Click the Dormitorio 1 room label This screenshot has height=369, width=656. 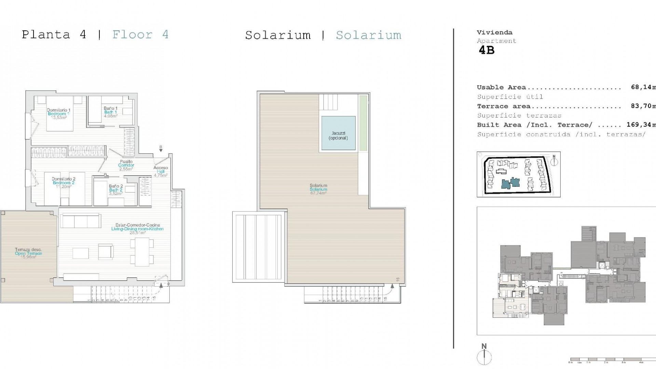[x=58, y=110]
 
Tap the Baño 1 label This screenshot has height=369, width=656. [x=110, y=109]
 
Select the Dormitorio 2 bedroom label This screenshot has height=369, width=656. [x=64, y=179]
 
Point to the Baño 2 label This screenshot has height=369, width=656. [x=116, y=187]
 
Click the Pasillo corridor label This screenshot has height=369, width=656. [x=126, y=162]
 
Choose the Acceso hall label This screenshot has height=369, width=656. [x=161, y=168]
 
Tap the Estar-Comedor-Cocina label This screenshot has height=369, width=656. [x=137, y=225]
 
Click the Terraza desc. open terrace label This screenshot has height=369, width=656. [x=28, y=250]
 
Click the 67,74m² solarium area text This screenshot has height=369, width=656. [x=318, y=193]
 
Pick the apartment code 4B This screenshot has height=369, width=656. [x=487, y=50]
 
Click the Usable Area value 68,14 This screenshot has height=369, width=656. [x=642, y=87]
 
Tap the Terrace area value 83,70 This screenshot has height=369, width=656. [x=642, y=106]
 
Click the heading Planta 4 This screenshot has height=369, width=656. [x=54, y=35]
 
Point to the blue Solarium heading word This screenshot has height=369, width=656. [x=368, y=35]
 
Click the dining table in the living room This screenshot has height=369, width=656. [x=142, y=252]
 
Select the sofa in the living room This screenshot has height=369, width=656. [x=80, y=221]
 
